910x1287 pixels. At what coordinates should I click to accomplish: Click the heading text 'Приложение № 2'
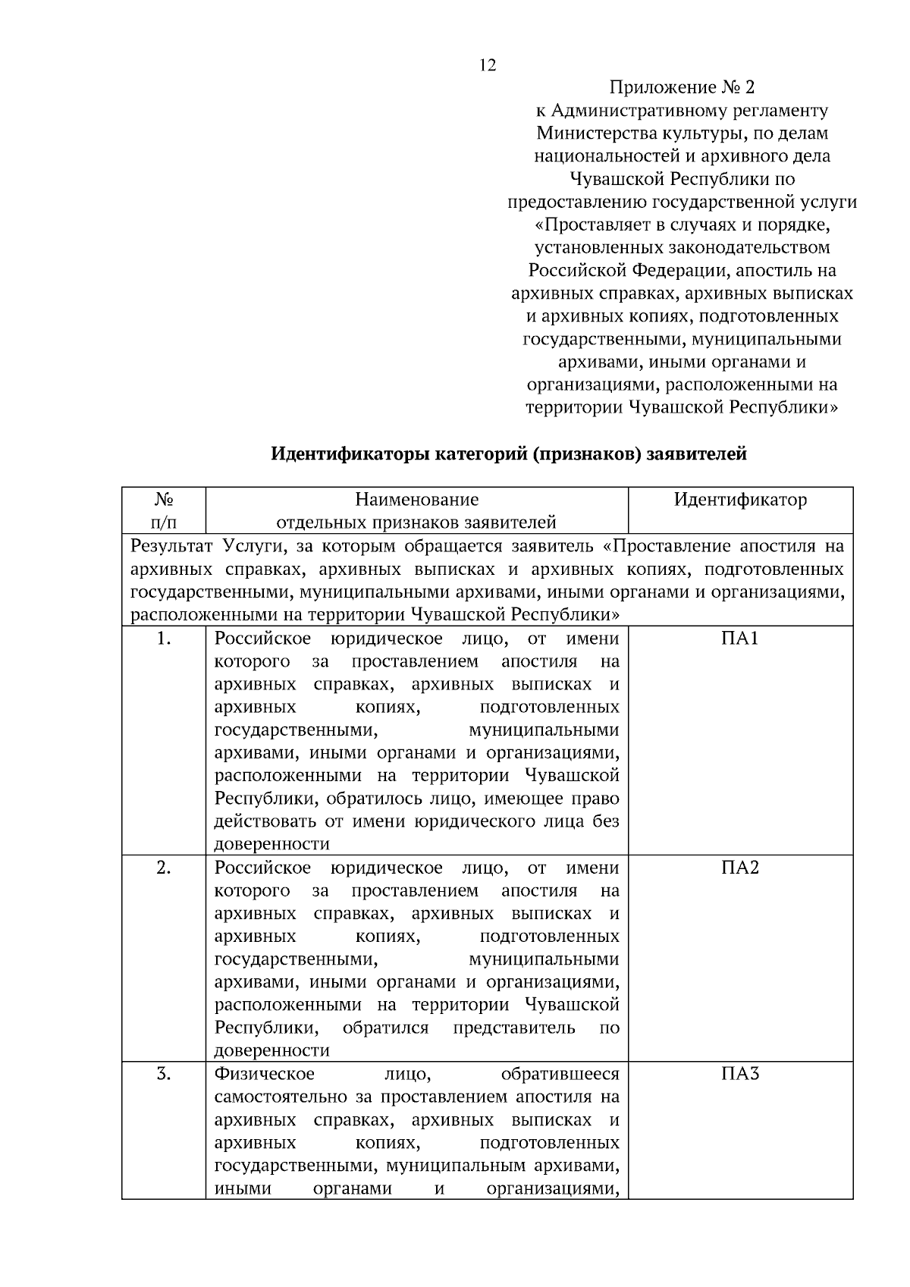[682, 87]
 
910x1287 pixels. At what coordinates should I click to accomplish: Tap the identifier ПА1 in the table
[740, 639]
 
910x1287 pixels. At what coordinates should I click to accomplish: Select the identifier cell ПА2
[740, 868]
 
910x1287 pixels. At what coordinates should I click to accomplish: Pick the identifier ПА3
[740, 1074]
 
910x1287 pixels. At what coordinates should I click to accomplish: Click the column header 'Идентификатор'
[740, 500]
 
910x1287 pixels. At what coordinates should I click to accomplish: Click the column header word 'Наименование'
[416, 500]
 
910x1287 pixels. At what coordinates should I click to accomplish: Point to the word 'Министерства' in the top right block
[588, 133]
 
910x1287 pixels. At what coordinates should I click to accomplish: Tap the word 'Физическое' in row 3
[265, 1074]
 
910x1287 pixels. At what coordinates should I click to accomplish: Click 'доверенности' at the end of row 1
[272, 844]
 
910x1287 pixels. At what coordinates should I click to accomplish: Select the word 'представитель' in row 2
[514, 1028]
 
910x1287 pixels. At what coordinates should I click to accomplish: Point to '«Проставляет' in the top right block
[588, 225]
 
